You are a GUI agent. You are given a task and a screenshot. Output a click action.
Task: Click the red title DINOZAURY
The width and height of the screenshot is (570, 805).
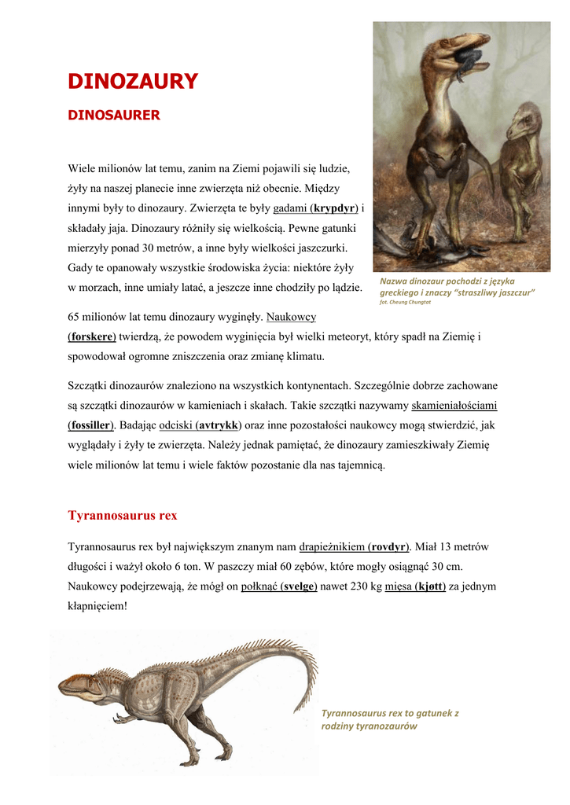tap(132, 82)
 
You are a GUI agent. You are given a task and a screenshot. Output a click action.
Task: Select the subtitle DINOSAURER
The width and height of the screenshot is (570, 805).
tap(114, 116)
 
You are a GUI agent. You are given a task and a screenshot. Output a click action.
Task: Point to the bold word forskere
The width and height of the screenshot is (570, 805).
tap(92, 336)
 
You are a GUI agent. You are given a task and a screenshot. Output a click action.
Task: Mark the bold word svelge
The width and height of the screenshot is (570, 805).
tap(299, 586)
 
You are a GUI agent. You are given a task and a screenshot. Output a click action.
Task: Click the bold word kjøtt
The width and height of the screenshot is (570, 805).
tap(431, 586)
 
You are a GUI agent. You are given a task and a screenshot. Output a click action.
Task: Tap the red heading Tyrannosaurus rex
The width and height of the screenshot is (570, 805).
tap(123, 516)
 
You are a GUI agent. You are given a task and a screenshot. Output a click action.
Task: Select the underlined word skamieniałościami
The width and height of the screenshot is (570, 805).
tap(454, 406)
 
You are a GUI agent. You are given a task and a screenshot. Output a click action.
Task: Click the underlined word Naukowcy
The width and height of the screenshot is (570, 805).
tap(291, 317)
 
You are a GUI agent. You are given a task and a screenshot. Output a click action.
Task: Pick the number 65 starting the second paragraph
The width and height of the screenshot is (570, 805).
tap(75, 317)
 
